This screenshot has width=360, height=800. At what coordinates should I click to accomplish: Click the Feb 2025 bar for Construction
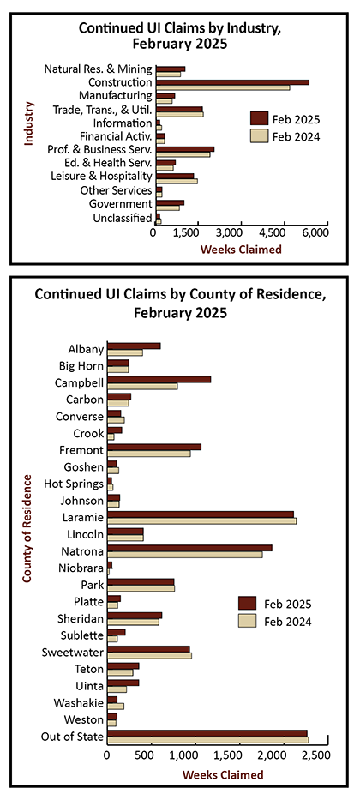232,81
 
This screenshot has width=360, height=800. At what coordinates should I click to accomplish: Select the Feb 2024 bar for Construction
223,87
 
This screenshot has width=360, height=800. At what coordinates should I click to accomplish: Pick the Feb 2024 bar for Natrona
185,554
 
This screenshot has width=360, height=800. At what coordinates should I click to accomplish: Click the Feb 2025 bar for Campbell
159,380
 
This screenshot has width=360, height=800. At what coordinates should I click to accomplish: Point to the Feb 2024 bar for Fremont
149,453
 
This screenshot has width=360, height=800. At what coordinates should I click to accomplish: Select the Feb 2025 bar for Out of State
207,733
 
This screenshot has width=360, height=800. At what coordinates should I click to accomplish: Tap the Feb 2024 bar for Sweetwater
149,655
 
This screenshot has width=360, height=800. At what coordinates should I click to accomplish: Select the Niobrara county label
85,568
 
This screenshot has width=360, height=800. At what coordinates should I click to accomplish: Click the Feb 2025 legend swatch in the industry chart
259,119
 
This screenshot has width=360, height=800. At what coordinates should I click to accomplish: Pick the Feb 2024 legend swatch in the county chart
247,621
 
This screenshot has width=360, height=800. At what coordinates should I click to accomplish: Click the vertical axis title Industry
29,123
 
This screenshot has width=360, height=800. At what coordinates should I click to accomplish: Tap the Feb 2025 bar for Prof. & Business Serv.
185,149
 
